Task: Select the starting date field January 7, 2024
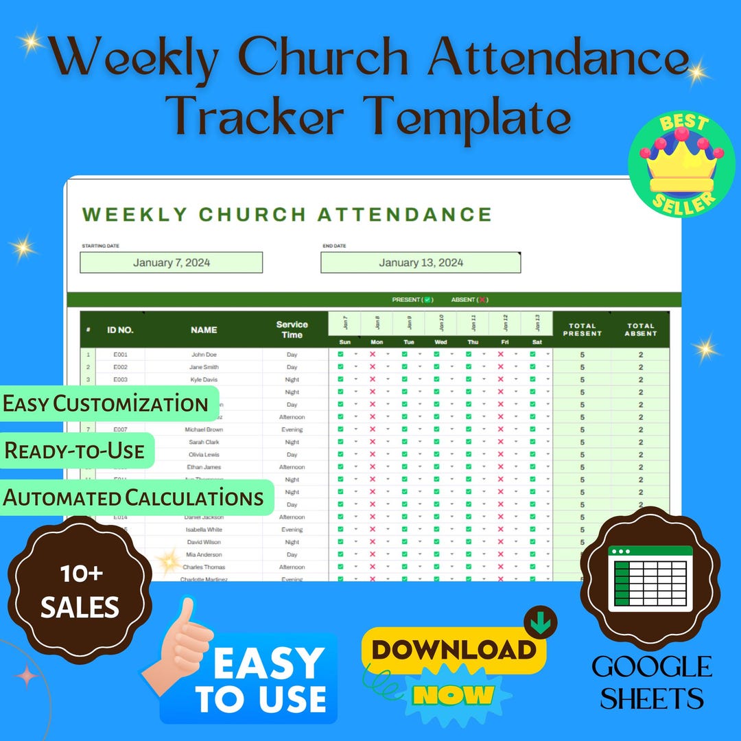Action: pyautogui.click(x=172, y=263)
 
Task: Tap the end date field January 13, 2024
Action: pyautogui.click(x=421, y=263)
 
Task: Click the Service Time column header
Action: pyautogui.click(x=292, y=330)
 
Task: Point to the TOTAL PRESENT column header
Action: pyautogui.click(x=582, y=330)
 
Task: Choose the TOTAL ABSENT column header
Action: pyautogui.click(x=641, y=330)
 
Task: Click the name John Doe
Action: pyautogui.click(x=204, y=355)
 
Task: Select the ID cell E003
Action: pyautogui.click(x=120, y=379)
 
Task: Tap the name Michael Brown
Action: pyautogui.click(x=204, y=430)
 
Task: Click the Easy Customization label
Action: pyautogui.click(x=106, y=403)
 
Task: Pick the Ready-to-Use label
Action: pyautogui.click(x=75, y=451)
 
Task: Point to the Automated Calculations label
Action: pyautogui.click(x=134, y=497)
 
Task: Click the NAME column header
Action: pyautogui.click(x=204, y=330)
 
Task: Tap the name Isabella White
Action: pyautogui.click(x=204, y=530)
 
